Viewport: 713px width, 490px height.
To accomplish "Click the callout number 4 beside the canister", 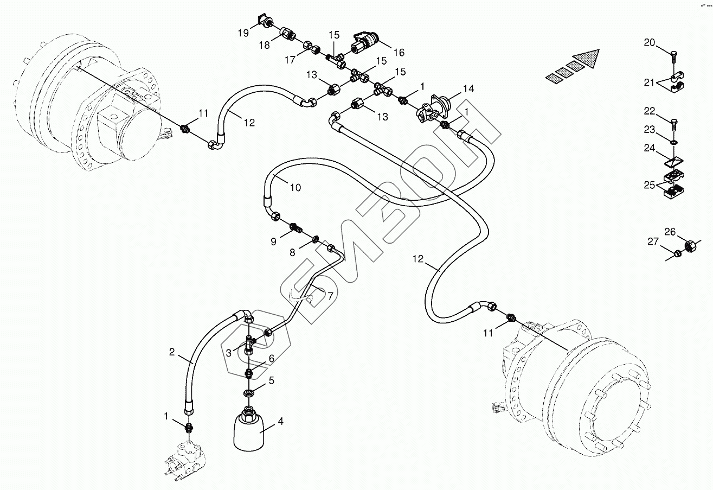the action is coord(280,421).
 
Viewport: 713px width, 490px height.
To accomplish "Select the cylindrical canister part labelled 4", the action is coord(249,429).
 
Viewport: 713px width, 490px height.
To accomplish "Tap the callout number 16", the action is coord(399,52).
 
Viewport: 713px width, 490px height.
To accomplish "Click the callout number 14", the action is coord(468,88).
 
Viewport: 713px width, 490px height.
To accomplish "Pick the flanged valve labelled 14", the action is coord(433,109).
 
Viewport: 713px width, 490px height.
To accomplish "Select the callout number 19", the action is coord(243,33).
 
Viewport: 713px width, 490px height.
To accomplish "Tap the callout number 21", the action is coord(649,82).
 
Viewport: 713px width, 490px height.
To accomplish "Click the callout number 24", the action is coord(650,148).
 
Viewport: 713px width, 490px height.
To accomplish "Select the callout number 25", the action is coord(650,185).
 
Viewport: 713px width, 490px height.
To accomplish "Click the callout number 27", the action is coord(653,241).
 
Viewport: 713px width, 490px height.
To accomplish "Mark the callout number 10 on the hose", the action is coord(296,188).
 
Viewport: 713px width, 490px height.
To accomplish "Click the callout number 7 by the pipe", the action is coord(330,296).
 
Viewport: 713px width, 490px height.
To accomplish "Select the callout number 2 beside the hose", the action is coord(172,352).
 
